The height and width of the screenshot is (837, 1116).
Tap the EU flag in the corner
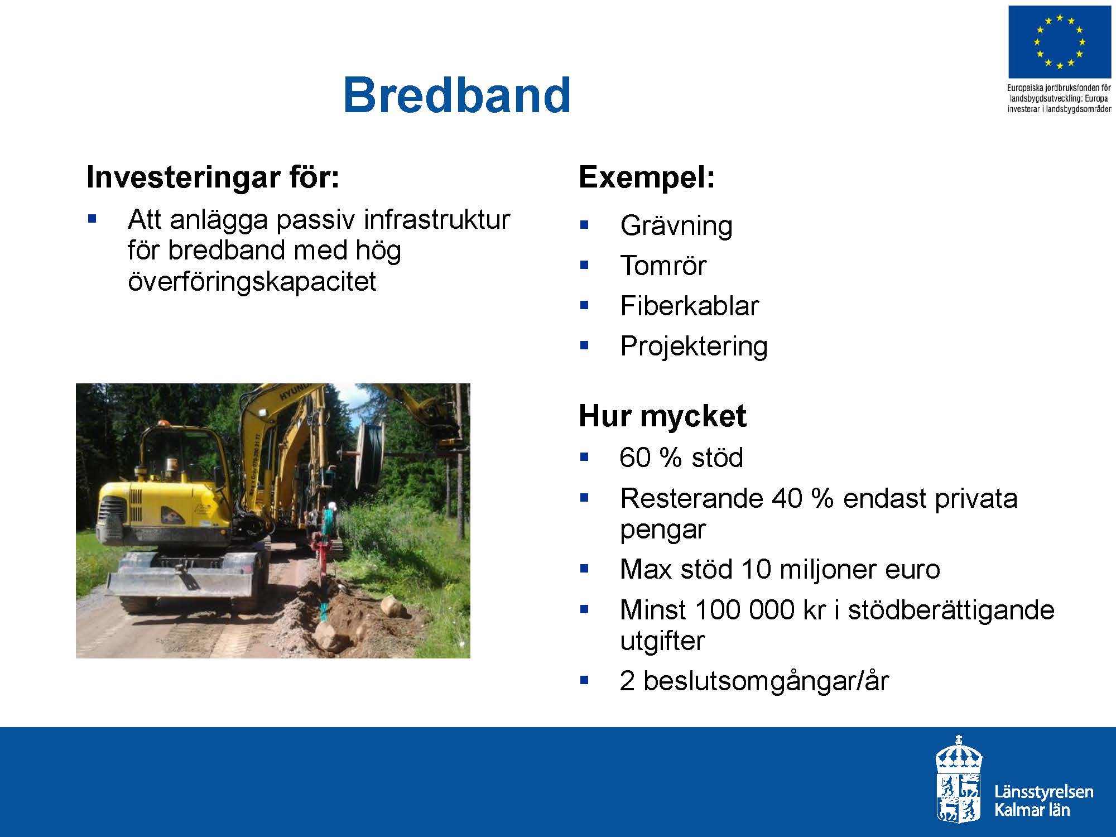pyautogui.click(x=1059, y=42)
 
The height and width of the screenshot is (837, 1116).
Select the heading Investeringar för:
pyautogui.click(x=213, y=177)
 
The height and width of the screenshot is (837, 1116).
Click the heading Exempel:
pyautogui.click(x=647, y=177)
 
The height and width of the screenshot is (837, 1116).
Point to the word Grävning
pyautogui.click(x=676, y=225)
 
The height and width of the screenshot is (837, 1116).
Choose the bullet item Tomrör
pyautogui.click(x=663, y=265)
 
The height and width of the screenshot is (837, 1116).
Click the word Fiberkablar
pyautogui.click(x=689, y=306)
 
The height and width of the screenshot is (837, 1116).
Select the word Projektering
pyautogui.click(x=694, y=346)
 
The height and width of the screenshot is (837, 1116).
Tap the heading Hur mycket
pyautogui.click(x=662, y=416)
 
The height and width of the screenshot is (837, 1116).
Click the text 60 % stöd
pyautogui.click(x=681, y=458)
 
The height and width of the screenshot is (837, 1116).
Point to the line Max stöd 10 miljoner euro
pyautogui.click(x=780, y=569)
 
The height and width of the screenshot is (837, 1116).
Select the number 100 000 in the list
pyautogui.click(x=745, y=609)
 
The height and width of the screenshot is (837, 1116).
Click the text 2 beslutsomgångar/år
pyautogui.click(x=754, y=681)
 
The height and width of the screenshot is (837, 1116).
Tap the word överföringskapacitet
pyautogui.click(x=252, y=281)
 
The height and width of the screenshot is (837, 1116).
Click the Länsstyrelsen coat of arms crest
pyautogui.click(x=959, y=778)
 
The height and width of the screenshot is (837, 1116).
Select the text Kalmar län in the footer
pyautogui.click(x=1032, y=809)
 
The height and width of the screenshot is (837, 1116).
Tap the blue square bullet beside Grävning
pyautogui.click(x=584, y=225)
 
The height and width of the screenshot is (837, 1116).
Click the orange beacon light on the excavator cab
pyautogui.click(x=162, y=425)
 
